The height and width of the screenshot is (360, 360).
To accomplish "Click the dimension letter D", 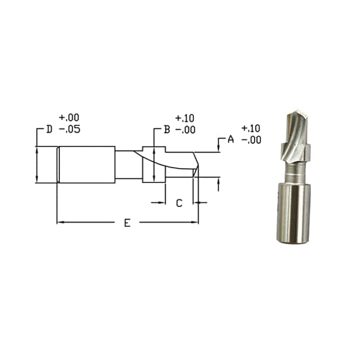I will [x=49, y=129].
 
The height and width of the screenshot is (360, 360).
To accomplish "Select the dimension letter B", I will [x=167, y=129].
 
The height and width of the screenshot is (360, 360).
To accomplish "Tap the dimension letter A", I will [x=230, y=139].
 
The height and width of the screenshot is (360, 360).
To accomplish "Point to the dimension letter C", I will [x=179, y=203].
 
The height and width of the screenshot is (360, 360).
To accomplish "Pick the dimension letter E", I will [x=127, y=223].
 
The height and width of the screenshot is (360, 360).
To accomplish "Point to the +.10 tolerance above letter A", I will [x=251, y=128].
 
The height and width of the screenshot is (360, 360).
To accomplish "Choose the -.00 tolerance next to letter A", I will [x=251, y=139].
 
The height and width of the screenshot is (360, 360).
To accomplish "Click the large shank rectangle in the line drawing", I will [x=86, y=164].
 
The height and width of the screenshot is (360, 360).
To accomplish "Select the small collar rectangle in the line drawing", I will [x=153, y=164].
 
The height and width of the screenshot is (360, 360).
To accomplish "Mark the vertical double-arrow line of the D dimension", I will [x=37, y=164].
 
